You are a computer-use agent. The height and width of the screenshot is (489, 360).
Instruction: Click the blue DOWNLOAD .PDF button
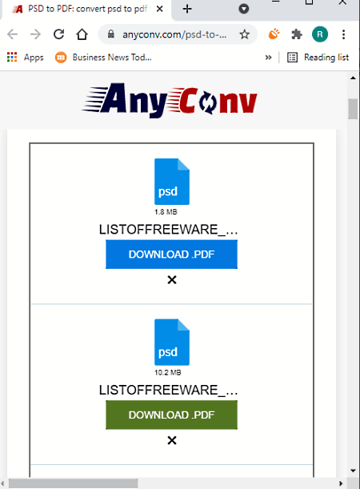point(171,255)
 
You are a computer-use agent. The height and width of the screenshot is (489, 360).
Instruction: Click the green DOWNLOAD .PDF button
point(171,415)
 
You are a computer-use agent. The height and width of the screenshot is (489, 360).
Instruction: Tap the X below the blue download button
point(172,280)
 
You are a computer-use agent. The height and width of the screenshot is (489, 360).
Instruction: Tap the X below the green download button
point(172,440)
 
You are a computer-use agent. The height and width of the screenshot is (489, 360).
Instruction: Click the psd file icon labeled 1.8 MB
point(172,182)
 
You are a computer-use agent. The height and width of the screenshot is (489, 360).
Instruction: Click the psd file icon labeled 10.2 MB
point(172,342)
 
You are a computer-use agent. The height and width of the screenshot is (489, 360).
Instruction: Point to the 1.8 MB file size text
point(166,212)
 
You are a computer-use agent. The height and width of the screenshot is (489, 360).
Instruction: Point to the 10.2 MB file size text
point(168,372)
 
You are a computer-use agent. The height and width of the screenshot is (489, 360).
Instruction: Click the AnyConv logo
point(170,100)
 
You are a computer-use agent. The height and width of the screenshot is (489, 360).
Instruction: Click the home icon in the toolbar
point(82,34)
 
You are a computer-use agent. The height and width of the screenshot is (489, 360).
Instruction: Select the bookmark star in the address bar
point(245,34)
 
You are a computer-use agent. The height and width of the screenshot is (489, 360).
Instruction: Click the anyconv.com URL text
point(174,34)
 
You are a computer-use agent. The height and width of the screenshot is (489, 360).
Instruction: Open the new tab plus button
point(187,9)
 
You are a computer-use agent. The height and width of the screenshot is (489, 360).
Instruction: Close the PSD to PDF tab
point(159,9)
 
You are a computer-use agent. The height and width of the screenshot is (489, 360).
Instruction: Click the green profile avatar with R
point(320,34)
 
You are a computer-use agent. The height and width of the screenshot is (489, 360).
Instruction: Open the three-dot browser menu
point(343,34)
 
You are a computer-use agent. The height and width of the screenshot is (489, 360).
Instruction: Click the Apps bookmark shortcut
point(26,58)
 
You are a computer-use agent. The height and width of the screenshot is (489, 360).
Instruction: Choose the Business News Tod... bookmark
point(103,58)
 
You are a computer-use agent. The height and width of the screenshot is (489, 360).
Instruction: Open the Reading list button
point(318,58)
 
